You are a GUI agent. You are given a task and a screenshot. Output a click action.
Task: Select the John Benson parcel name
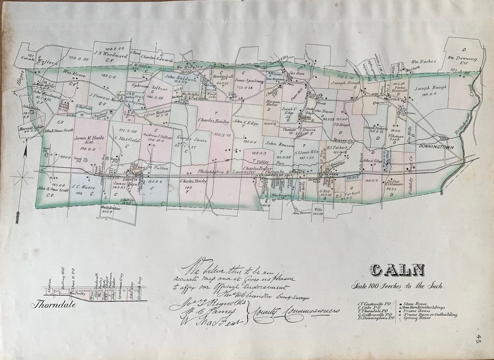point(277,144)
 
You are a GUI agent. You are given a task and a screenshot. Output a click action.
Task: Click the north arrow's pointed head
point(26,146)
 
